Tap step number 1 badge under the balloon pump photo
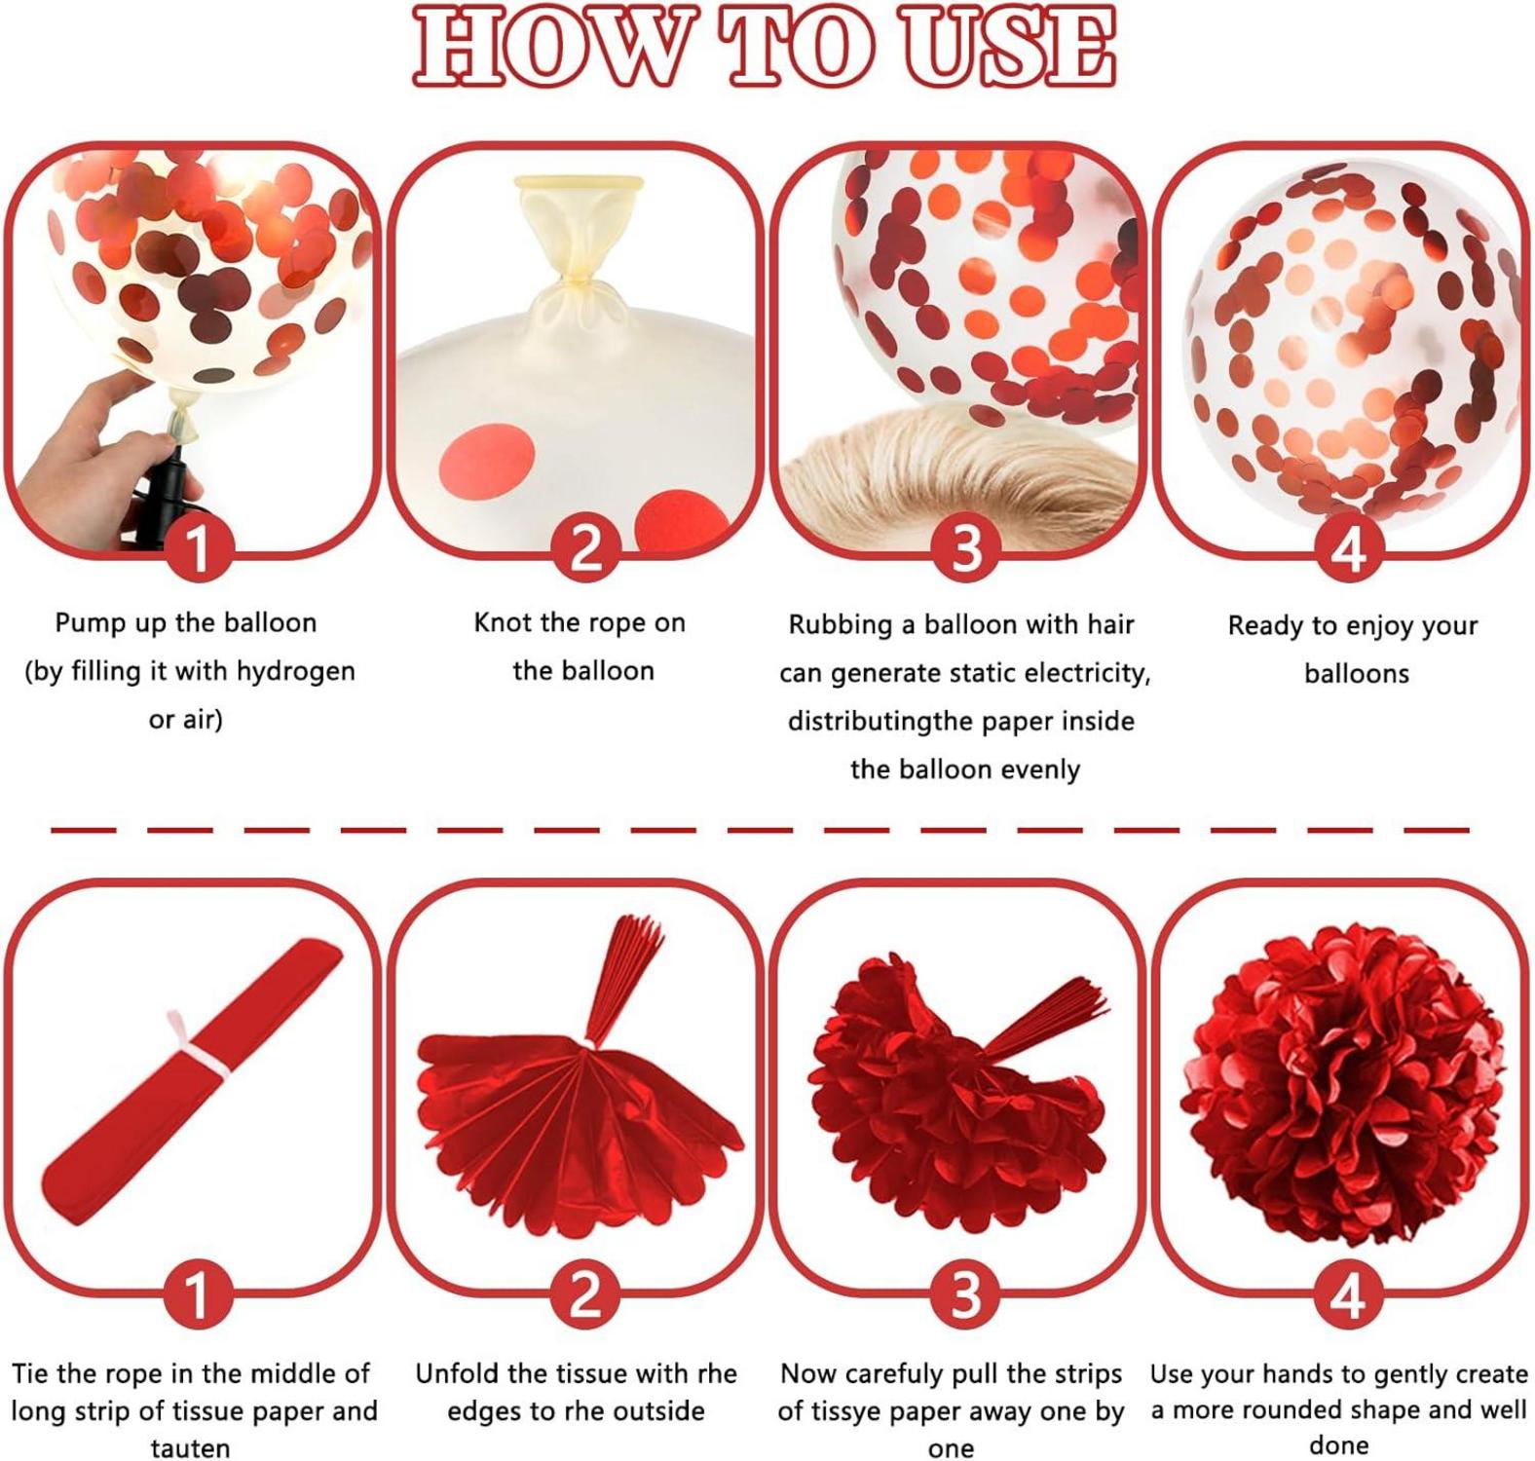pyautogui.click(x=198, y=547)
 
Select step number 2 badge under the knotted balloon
pyautogui.click(x=584, y=547)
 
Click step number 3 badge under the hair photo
pyautogui.click(x=965, y=547)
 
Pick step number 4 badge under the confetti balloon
pyautogui.click(x=1349, y=547)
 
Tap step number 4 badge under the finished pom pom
pyautogui.click(x=1349, y=1296)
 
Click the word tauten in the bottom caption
pyautogui.click(x=190, y=1448)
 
